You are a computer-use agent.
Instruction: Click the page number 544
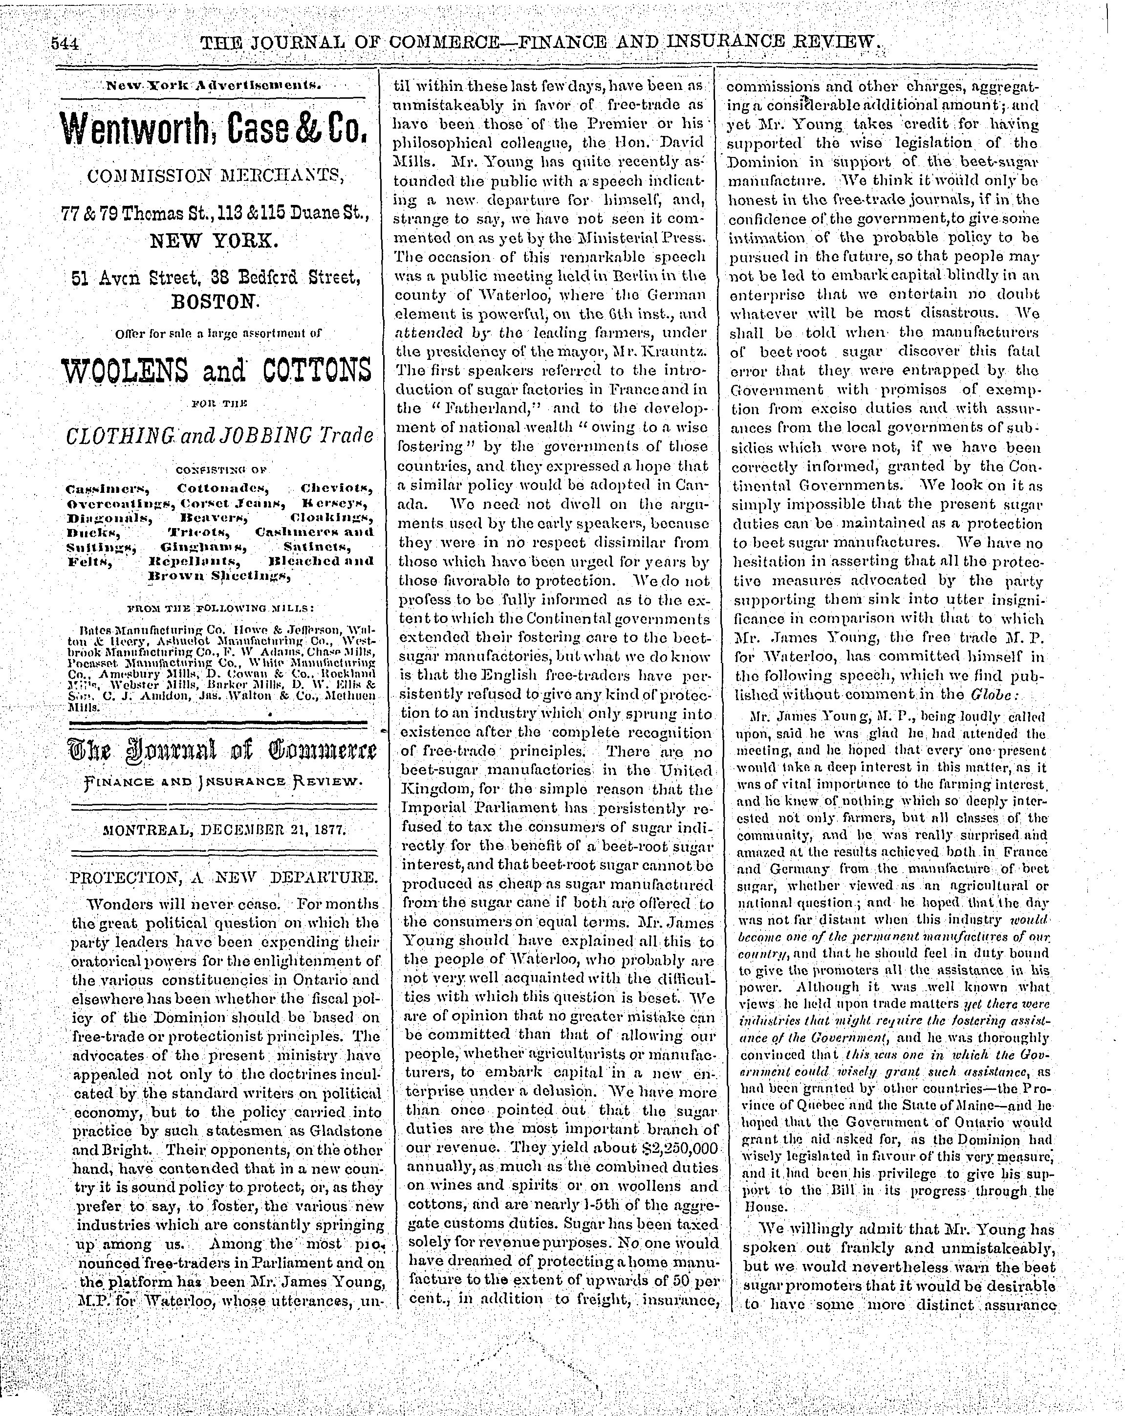pyautogui.click(x=65, y=44)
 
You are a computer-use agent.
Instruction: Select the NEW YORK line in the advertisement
pyautogui.click(x=215, y=241)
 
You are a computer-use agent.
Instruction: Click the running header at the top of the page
pyautogui.click(x=538, y=44)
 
